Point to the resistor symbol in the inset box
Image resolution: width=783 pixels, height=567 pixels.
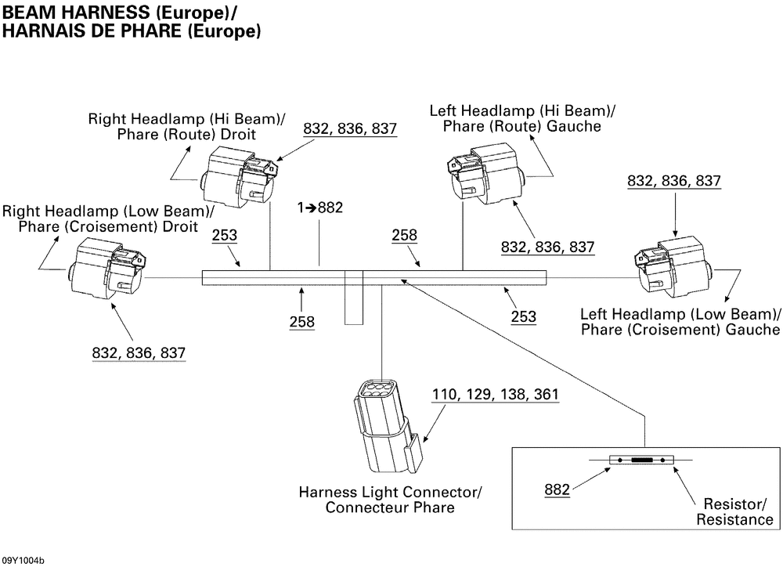point(641,460)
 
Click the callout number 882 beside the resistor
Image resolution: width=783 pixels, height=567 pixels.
point(557,490)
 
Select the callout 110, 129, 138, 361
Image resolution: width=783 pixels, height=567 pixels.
point(495,394)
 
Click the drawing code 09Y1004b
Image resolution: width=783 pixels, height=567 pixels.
point(23,560)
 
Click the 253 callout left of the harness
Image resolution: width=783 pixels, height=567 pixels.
point(225,235)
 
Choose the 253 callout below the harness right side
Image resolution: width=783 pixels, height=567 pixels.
point(523,316)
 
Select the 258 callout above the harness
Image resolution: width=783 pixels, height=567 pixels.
point(405,235)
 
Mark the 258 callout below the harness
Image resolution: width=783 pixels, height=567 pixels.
point(301,321)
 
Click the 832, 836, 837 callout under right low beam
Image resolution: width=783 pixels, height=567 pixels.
point(139,353)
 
